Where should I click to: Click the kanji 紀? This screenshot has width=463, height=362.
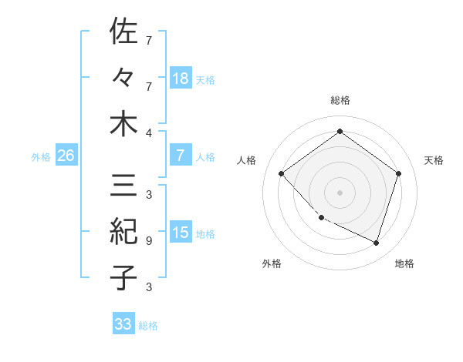click(124, 230)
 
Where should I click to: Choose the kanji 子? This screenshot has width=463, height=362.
click(124, 277)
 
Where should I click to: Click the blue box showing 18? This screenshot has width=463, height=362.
click(180, 78)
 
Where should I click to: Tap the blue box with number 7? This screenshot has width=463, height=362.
click(180, 156)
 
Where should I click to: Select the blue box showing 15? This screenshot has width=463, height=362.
click(180, 233)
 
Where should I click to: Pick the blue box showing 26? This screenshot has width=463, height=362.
click(66, 156)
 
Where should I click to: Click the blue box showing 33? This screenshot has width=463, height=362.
click(123, 324)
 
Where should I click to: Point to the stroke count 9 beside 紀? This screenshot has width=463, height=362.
click(148, 241)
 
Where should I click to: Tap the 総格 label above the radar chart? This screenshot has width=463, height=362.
click(340, 100)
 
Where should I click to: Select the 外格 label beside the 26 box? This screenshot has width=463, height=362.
click(41, 156)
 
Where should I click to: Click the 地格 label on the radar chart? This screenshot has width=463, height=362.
click(404, 263)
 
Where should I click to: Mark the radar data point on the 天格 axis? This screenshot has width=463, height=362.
click(398, 173)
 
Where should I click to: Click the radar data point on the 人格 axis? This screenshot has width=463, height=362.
click(282, 173)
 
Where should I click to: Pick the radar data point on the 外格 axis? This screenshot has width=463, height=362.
click(321, 218)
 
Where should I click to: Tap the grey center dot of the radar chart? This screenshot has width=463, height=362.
click(340, 192)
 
